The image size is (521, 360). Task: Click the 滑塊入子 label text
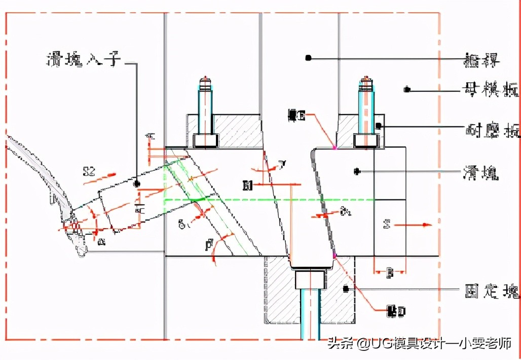[84, 60]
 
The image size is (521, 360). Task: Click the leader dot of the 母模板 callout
[406, 90]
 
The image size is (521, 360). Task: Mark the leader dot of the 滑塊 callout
[357, 171]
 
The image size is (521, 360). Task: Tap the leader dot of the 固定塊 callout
[346, 289]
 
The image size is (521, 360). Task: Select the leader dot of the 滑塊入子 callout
[136, 184]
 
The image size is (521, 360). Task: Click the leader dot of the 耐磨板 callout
[378, 124]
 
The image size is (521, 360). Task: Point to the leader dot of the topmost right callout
[308, 58]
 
